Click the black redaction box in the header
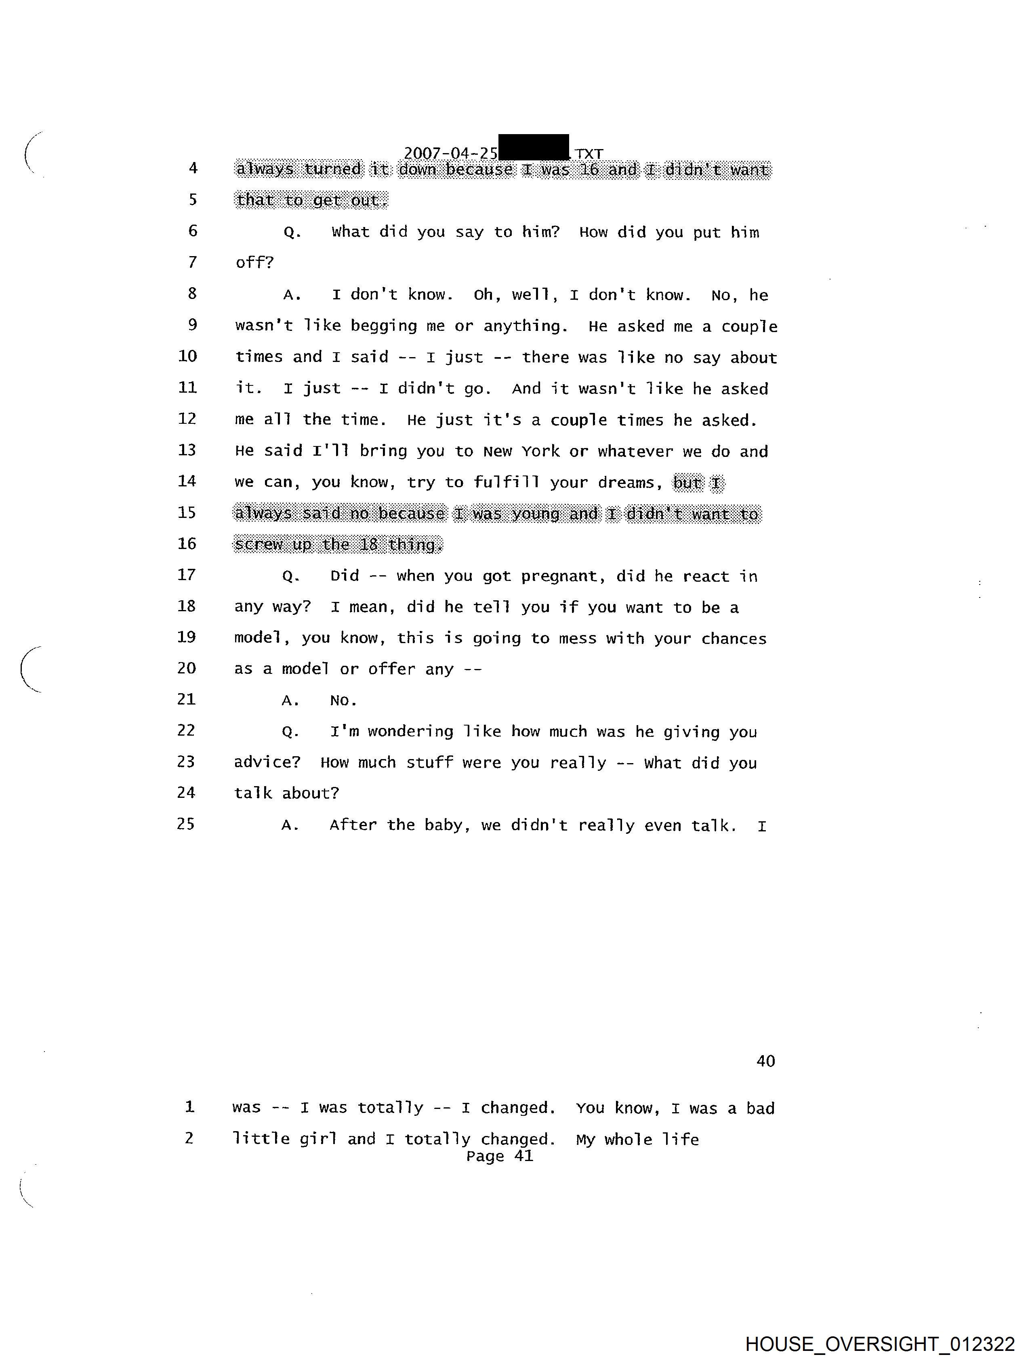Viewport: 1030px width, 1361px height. pyautogui.click(x=534, y=148)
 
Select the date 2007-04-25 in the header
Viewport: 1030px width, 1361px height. pyautogui.click(x=450, y=153)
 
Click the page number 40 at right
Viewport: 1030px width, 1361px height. pyautogui.click(x=765, y=1061)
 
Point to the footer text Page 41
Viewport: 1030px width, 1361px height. pyautogui.click(x=500, y=1156)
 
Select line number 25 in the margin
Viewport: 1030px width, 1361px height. pyautogui.click(x=186, y=824)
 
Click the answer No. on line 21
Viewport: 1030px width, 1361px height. pyautogui.click(x=343, y=700)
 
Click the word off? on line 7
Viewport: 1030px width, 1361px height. pyautogui.click(x=254, y=263)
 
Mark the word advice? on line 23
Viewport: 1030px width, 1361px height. pyautogui.click(x=267, y=762)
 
